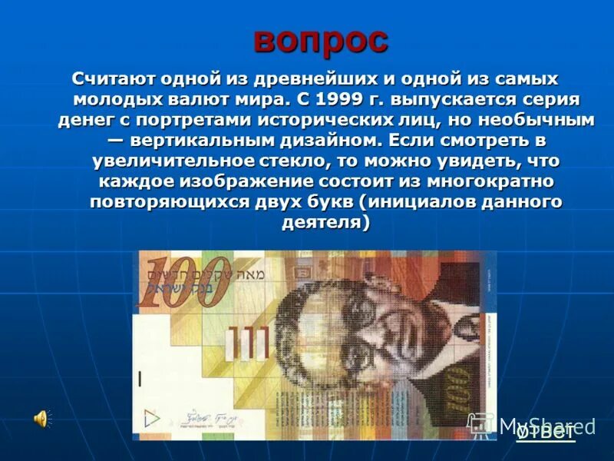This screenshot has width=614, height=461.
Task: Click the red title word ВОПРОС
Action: tap(321, 41)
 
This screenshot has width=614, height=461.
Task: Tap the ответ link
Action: tap(546, 431)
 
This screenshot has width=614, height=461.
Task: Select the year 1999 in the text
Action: tap(338, 100)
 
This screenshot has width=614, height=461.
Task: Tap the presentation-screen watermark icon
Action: tap(480, 425)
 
